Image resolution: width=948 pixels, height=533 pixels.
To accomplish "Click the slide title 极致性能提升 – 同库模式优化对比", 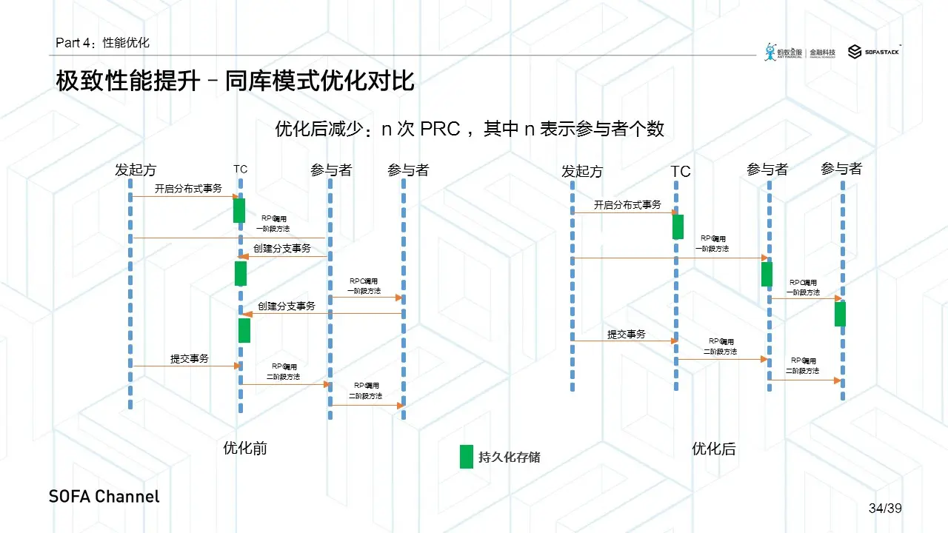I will click(x=235, y=81).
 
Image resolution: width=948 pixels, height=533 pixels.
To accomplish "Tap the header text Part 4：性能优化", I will click(x=102, y=43).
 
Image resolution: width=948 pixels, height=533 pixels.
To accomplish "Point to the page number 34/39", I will click(x=884, y=509).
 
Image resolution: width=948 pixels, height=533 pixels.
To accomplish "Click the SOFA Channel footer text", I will click(x=104, y=496).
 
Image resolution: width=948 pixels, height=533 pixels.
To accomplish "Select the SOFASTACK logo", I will click(x=874, y=52).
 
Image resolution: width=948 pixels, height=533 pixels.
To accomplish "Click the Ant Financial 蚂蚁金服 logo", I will click(x=784, y=52).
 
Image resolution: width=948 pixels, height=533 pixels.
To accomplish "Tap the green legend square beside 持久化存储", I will click(x=467, y=456).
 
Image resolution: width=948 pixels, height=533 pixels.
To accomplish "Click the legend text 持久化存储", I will click(x=510, y=457).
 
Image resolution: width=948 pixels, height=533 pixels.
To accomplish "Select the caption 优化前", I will click(x=245, y=448).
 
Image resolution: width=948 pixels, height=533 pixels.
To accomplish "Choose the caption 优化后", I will click(x=714, y=449).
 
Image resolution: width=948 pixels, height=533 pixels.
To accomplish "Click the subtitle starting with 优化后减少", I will click(x=469, y=129).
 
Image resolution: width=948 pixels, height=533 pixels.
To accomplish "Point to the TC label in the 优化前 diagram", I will click(x=241, y=170).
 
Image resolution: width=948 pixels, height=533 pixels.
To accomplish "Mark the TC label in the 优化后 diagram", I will click(x=680, y=172).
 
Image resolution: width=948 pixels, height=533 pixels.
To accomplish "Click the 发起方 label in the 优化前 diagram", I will click(x=136, y=170).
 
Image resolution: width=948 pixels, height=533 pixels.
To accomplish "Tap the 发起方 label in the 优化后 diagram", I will click(x=582, y=172).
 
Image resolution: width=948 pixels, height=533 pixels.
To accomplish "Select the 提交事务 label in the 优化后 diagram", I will click(x=626, y=334).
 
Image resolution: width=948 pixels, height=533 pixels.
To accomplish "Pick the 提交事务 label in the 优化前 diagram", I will click(x=190, y=359).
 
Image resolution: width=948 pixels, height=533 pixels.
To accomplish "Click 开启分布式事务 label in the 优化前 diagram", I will click(x=188, y=189).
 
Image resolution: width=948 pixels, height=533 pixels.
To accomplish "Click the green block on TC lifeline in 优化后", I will click(x=678, y=227).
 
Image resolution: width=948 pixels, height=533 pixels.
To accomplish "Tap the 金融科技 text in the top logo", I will click(x=823, y=53).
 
